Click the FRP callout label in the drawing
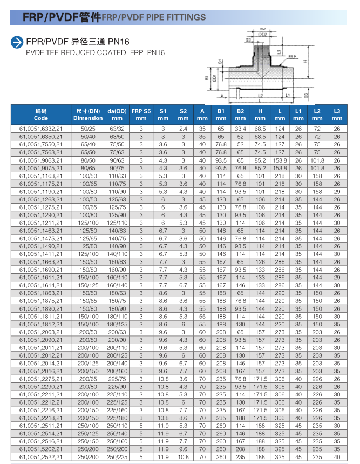coord(292,56)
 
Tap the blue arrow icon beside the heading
coord(18,42)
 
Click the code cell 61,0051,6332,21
coord(41,129)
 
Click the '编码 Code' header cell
coord(41,114)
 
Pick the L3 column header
coord(337,114)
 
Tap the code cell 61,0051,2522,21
coord(41,457)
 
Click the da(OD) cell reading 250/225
coord(117,457)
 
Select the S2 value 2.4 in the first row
coord(184,129)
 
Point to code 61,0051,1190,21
coord(41,192)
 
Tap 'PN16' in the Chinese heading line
coord(119,42)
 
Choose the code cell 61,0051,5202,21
coord(41,449)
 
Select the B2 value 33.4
coord(240,129)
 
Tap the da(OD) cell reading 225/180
coord(117,418)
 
